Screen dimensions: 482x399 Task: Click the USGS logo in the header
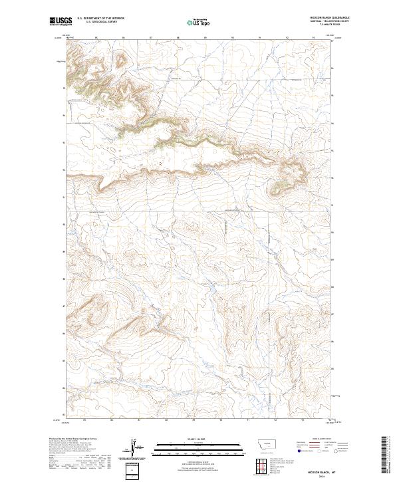pyautogui.click(x=60, y=21)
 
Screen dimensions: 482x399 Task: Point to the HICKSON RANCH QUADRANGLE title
pyautogui.click(x=330, y=18)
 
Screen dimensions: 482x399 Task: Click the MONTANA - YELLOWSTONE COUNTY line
pyautogui.click(x=331, y=21)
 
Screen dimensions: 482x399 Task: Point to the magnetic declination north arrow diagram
pyautogui.click(x=133, y=448)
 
